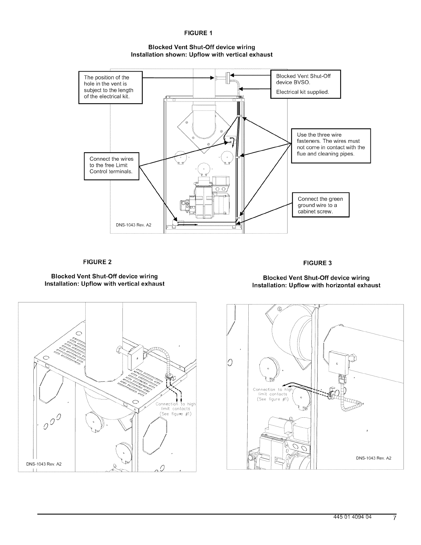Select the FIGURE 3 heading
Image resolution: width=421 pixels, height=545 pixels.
(x=317, y=263)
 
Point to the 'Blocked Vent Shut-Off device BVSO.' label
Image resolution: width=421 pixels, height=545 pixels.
(x=303, y=79)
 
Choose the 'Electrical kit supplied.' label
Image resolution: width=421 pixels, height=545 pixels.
(x=303, y=92)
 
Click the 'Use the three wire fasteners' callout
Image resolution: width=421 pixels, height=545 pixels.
(x=331, y=145)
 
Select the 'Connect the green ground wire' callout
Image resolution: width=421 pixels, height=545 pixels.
(x=320, y=205)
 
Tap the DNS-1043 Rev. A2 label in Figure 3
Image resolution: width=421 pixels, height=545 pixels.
(x=374, y=458)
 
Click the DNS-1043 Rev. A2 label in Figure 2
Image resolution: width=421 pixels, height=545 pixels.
(x=44, y=464)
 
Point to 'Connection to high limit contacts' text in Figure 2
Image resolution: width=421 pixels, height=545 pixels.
(x=175, y=409)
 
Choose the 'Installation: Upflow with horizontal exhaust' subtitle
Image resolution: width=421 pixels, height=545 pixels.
(x=316, y=286)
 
